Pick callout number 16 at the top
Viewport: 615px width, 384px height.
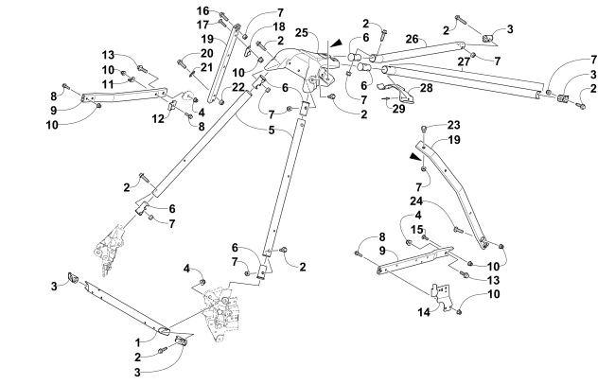(202, 10)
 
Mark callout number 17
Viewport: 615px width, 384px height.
(202, 24)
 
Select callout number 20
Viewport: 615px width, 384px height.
(206, 54)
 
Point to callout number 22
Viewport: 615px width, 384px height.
(239, 87)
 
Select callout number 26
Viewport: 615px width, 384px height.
(412, 39)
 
